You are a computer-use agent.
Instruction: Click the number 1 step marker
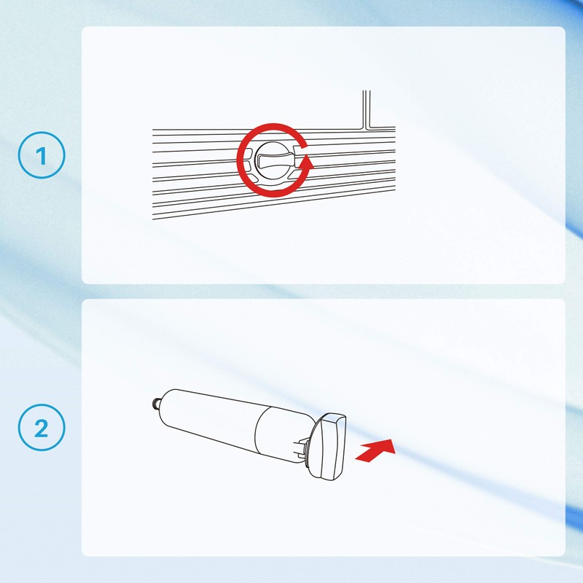click(42, 155)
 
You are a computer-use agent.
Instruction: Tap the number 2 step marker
click(42, 428)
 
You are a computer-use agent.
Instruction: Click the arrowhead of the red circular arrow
click(306, 162)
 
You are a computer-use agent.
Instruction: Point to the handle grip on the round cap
click(275, 160)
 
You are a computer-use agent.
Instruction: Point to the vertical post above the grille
click(367, 109)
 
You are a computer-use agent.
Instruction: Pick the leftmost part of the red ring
click(240, 160)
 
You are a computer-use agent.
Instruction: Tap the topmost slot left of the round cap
click(249, 152)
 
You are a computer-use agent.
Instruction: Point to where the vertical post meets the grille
click(367, 128)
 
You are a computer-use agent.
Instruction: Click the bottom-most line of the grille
click(274, 199)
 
